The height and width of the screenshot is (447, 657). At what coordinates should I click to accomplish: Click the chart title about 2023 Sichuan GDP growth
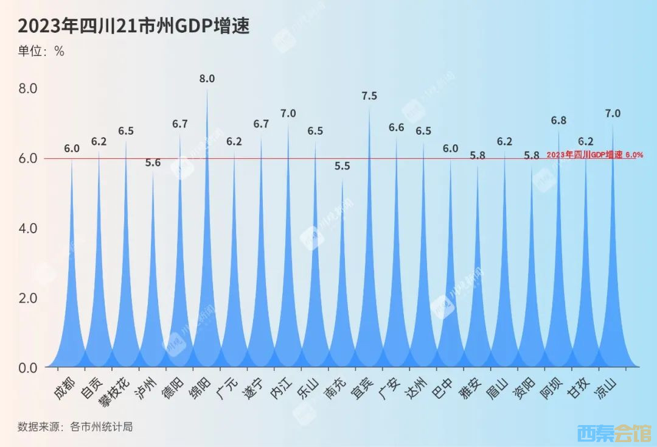click(134, 26)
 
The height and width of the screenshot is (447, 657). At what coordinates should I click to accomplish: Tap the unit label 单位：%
click(41, 52)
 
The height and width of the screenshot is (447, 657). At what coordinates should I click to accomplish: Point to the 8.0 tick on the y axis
click(28, 89)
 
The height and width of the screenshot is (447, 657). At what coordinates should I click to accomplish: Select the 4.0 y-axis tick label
click(28, 228)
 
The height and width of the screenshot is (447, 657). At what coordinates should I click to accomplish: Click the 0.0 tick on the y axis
click(28, 368)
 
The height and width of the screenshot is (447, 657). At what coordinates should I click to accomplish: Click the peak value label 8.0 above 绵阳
click(207, 79)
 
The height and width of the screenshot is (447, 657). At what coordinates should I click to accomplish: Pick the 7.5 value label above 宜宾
click(369, 96)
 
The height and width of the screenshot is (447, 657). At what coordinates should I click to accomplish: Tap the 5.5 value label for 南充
click(342, 166)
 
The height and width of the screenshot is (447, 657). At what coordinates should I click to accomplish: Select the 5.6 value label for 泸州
click(153, 163)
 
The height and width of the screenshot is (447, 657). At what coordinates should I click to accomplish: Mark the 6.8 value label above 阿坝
click(558, 121)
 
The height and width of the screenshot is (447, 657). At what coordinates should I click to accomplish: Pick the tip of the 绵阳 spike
click(207, 90)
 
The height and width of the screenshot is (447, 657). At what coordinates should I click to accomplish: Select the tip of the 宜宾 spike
click(369, 107)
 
